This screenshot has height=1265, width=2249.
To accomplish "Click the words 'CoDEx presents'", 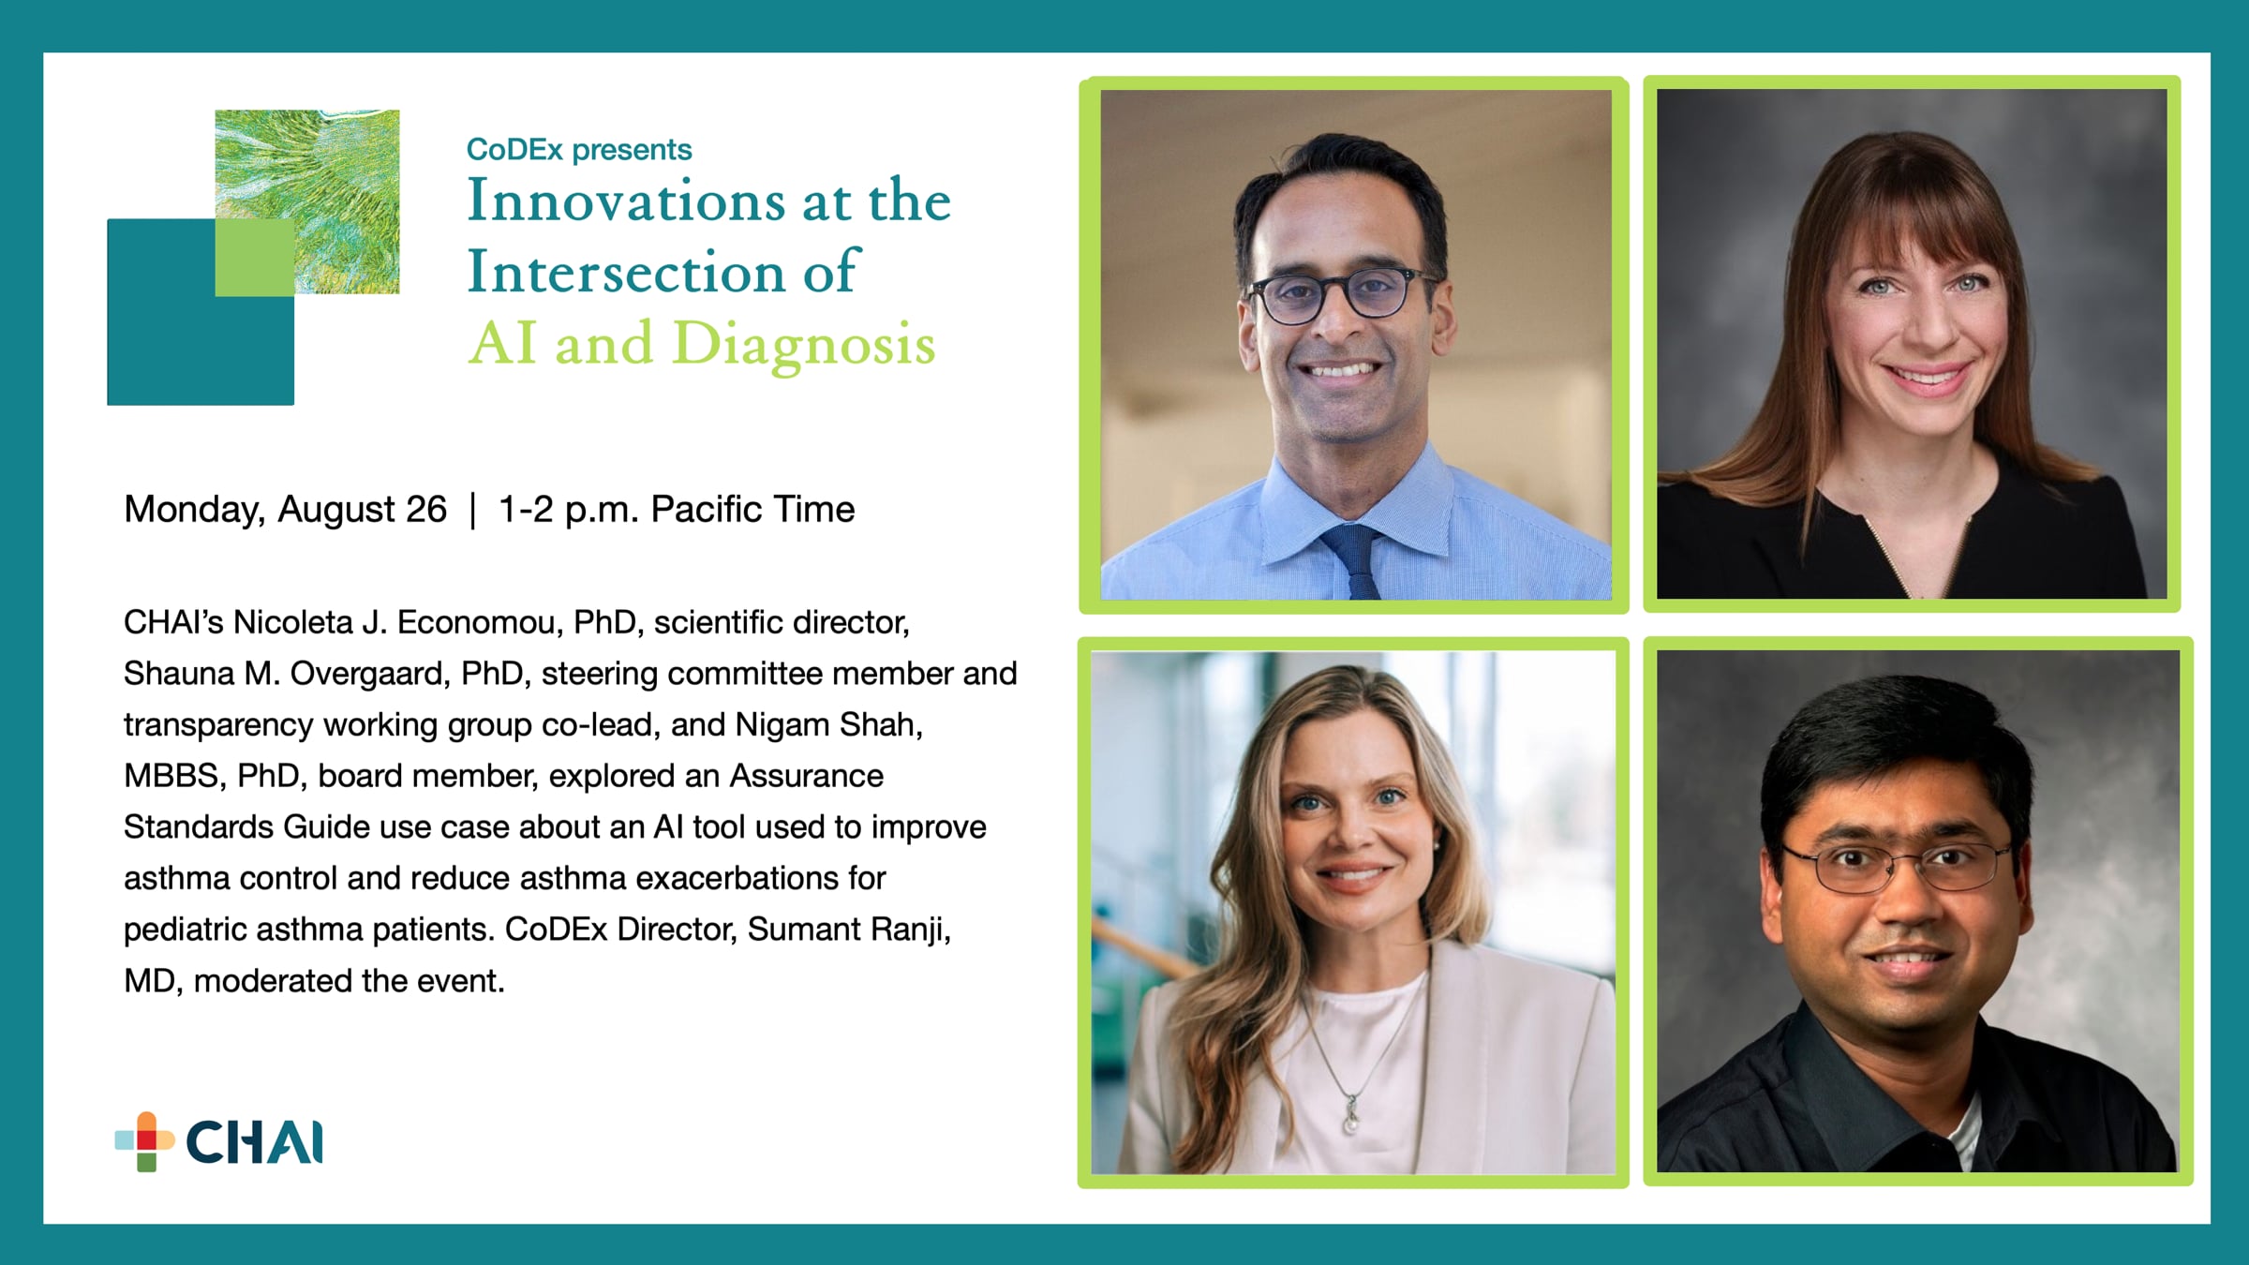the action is [x=579, y=149].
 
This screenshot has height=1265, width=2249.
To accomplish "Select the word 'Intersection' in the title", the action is [x=626, y=272].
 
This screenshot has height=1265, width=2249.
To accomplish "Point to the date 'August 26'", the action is [x=362, y=510].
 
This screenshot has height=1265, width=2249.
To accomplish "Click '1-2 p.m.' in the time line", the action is [x=568, y=510].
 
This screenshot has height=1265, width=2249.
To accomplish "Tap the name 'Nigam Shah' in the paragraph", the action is [x=828, y=725].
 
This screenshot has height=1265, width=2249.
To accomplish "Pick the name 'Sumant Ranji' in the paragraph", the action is [x=848, y=930].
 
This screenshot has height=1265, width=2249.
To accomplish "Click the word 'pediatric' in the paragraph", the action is [x=185, y=930].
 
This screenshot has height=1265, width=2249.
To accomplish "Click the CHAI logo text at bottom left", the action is [x=255, y=1142].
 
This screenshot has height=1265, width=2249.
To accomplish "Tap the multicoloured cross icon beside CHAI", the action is [x=145, y=1141].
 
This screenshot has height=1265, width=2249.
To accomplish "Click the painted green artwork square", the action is [x=307, y=201].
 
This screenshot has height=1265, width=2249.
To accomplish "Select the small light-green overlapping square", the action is [x=255, y=258].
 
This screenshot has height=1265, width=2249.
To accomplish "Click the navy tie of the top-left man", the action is [x=1354, y=561].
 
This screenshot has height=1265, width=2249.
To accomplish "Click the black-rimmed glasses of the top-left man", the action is [x=1340, y=294].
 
